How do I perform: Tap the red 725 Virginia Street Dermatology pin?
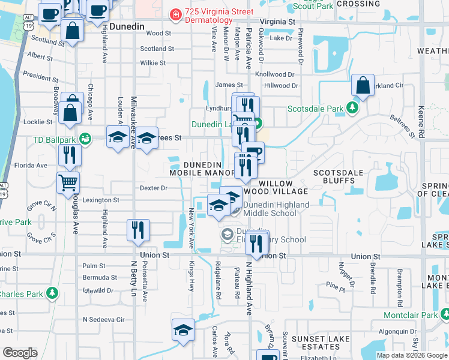175,13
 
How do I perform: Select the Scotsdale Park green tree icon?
353,109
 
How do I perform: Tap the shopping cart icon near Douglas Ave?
68,182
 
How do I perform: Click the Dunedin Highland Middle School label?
277,209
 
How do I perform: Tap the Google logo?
20,353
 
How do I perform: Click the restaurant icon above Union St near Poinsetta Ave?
138,230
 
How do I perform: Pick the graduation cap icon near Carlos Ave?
183,330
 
